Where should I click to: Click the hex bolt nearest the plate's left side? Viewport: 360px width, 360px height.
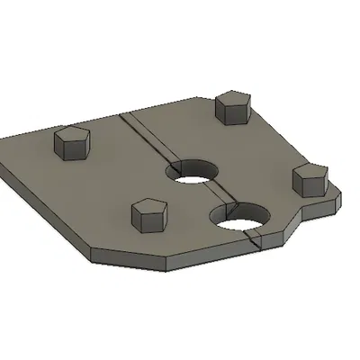pyautogui.click(x=71, y=144)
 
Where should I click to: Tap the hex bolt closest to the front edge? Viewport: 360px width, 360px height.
pyautogui.click(x=148, y=216)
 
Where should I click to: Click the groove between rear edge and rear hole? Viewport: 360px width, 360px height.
pyautogui.click(x=148, y=139)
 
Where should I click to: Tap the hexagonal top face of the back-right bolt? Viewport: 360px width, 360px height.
pyautogui.click(x=231, y=101)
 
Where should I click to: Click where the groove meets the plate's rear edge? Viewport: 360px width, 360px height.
pyautogui.click(x=121, y=115)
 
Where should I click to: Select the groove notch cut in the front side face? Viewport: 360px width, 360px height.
pyautogui.click(x=253, y=240)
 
